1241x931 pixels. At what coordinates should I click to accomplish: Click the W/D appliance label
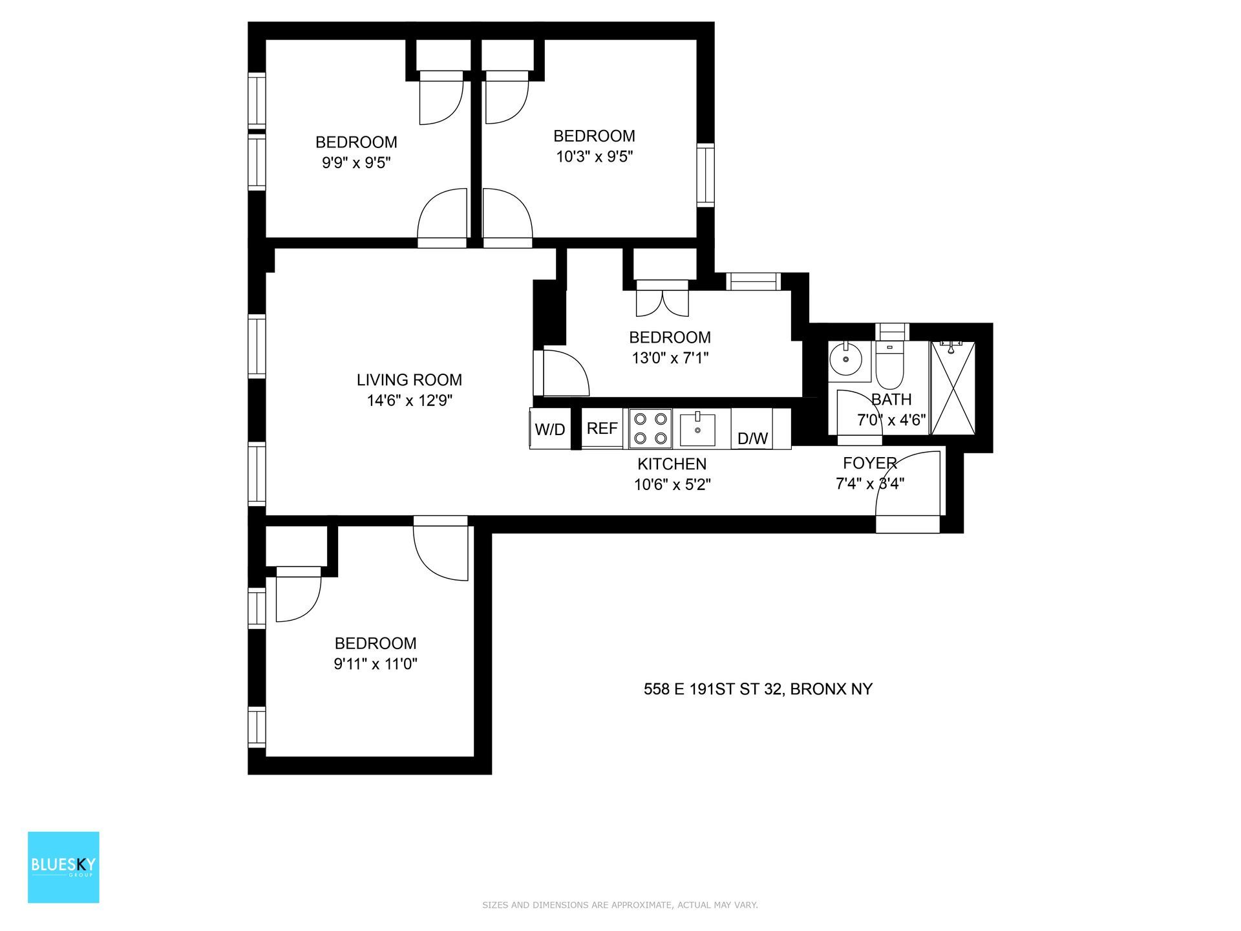click(550, 429)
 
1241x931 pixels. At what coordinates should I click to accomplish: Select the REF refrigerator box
click(602, 428)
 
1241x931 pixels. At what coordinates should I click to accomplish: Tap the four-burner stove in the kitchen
click(650, 428)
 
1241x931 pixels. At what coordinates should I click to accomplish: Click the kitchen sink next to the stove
click(697, 429)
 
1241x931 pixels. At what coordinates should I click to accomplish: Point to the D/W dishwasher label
click(752, 438)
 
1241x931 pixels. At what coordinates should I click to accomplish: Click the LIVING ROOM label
click(409, 380)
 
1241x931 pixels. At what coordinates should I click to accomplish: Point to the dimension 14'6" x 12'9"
click(409, 401)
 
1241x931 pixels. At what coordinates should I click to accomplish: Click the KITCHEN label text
click(672, 464)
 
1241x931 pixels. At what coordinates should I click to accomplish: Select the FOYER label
click(869, 463)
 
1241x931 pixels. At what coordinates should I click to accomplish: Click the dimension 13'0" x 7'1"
click(670, 358)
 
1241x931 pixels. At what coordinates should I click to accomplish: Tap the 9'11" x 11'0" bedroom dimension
click(375, 663)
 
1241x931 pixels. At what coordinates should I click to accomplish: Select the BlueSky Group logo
click(63, 867)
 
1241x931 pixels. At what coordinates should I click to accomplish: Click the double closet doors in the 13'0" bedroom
click(662, 300)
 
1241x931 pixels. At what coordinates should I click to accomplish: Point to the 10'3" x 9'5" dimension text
click(594, 156)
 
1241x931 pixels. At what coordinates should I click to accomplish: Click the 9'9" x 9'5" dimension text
click(356, 162)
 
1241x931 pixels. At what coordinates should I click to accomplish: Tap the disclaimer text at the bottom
click(620, 905)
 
